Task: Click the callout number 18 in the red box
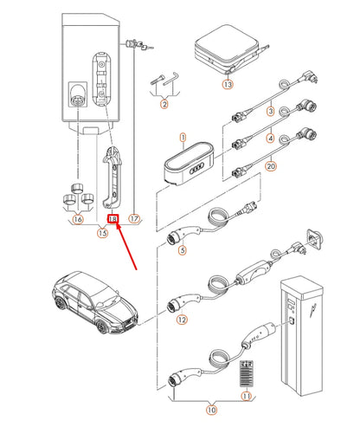coord(112,219)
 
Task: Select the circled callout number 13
coord(228,84)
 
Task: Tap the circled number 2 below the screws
coord(164,104)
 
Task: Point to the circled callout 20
coord(271,166)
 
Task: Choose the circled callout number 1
coord(183,138)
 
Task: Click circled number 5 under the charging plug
coord(183,250)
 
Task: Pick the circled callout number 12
coord(182,320)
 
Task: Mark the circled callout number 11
coord(246,396)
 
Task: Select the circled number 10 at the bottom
coord(212,410)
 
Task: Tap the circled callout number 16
coord(78,219)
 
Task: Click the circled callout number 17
coord(134,218)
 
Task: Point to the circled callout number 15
coord(103,233)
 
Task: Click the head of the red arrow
coord(117,225)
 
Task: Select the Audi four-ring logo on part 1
coord(196,168)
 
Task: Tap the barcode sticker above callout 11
coord(247,373)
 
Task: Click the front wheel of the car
coord(101,327)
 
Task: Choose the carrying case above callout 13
coord(228,50)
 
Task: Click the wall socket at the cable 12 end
coord(314,240)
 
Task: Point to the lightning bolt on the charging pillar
coord(312,310)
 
